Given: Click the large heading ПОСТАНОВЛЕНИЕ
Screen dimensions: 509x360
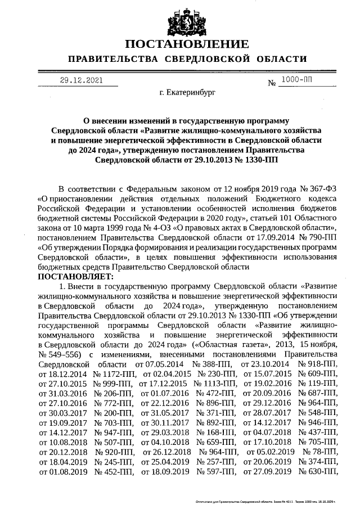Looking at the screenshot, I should point(186,44).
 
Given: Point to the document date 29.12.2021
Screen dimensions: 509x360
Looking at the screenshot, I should point(82,80).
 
